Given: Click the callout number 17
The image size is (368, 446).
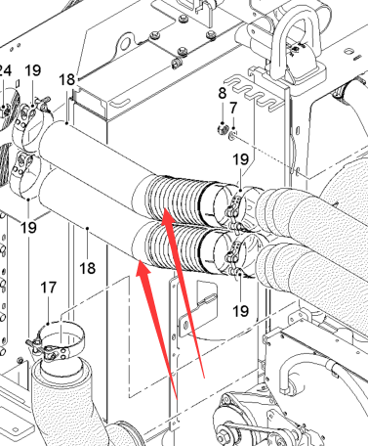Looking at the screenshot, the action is pyautogui.click(x=49, y=288).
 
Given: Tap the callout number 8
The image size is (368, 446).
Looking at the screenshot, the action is pyautogui.click(x=223, y=93).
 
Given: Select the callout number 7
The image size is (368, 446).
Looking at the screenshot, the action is pyautogui.click(x=233, y=109).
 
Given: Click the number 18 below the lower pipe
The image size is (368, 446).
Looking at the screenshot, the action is pyautogui.click(x=88, y=269).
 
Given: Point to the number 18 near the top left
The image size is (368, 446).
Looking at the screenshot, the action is pyautogui.click(x=67, y=79).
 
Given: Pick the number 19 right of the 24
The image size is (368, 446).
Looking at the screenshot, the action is pyautogui.click(x=33, y=70).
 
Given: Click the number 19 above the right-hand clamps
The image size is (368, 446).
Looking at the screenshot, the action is pyautogui.click(x=241, y=159).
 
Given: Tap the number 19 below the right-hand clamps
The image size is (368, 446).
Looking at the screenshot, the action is pyautogui.click(x=241, y=311).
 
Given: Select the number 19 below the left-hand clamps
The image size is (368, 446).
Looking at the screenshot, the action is pyautogui.click(x=28, y=227).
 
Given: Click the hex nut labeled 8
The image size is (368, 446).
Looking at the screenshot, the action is pyautogui.click(x=222, y=129).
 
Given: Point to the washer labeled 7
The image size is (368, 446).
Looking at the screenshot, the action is pyautogui.click(x=232, y=135).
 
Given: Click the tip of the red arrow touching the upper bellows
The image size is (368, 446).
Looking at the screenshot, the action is pyautogui.click(x=164, y=209).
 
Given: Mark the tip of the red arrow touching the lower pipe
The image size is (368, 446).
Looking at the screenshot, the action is pyautogui.click(x=140, y=259).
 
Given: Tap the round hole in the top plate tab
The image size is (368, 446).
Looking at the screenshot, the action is pyautogui.click(x=125, y=43).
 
